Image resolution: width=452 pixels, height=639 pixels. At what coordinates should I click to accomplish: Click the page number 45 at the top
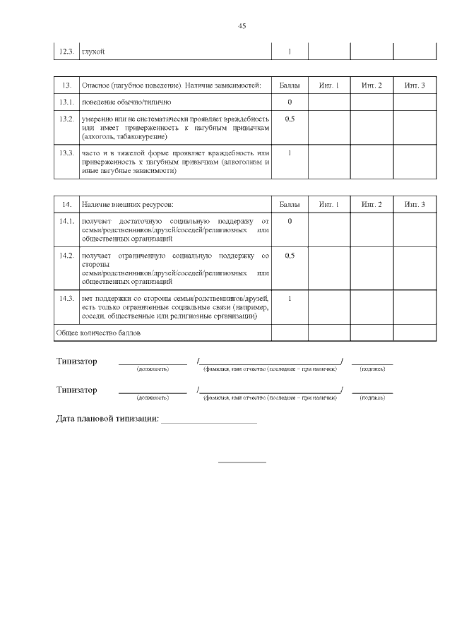tap(242, 26)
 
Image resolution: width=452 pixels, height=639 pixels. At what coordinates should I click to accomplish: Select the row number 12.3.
tap(66, 52)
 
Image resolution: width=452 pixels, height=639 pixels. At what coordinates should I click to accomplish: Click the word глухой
tap(93, 52)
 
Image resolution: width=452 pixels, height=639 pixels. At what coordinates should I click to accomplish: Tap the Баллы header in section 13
tap(290, 85)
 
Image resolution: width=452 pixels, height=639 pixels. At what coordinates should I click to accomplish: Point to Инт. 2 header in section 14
tap(371, 204)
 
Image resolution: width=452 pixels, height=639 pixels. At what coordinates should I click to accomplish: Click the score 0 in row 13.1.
tap(290, 102)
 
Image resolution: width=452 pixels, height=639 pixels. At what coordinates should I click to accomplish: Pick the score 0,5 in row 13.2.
tap(290, 119)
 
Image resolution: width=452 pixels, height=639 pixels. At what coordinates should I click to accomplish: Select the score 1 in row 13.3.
tap(290, 153)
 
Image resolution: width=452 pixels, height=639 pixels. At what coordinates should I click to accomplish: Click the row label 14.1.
tap(67, 222)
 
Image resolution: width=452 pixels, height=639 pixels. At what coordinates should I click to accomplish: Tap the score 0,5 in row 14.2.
tap(290, 256)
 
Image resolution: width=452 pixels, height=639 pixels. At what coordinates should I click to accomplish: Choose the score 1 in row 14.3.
tap(290, 298)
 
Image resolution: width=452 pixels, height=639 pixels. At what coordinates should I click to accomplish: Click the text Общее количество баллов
tap(98, 331)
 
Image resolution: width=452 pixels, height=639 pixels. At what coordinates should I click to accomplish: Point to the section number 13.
tap(67, 85)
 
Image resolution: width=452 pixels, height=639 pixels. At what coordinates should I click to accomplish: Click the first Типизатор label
tap(77, 362)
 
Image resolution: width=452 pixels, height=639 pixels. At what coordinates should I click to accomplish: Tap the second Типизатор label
tap(77, 390)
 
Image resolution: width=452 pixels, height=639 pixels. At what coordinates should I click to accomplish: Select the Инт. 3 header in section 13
tap(415, 85)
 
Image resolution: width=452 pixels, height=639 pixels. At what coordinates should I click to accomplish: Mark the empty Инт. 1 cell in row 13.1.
tap(329, 102)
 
